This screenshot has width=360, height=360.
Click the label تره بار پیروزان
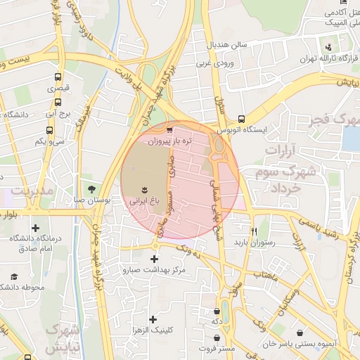point(168,141)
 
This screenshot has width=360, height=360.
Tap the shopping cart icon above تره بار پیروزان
point(169,130)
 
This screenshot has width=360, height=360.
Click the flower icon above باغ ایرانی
point(144,190)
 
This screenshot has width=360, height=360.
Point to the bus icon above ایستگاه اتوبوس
point(241,120)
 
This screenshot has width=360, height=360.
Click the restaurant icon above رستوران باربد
point(255,231)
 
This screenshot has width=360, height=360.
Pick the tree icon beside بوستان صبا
point(91,188)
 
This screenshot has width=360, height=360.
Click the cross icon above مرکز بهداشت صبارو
point(154,259)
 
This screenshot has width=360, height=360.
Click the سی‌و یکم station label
point(51,142)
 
